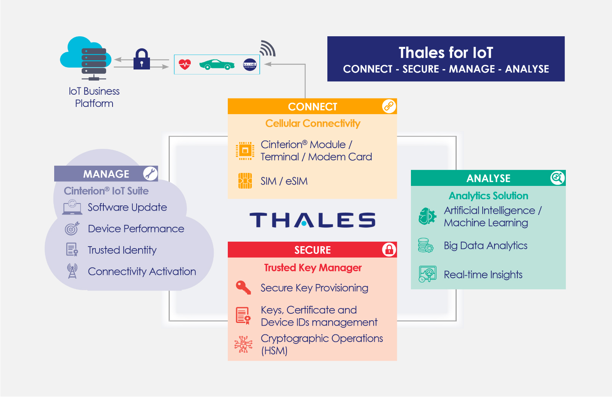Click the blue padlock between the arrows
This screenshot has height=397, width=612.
click(x=142, y=59)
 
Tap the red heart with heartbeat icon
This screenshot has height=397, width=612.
click(x=185, y=65)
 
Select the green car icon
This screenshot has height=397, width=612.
click(x=217, y=65)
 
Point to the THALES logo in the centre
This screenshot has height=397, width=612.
click(x=312, y=220)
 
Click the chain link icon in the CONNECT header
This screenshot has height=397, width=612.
click(x=389, y=106)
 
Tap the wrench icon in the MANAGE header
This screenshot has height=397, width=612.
click(x=150, y=174)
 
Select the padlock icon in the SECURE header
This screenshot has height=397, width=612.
click(x=389, y=249)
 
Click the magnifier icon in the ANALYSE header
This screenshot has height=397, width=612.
click(x=557, y=178)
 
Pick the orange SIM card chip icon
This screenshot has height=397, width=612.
click(x=245, y=181)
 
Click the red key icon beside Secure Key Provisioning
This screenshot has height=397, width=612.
click(x=243, y=287)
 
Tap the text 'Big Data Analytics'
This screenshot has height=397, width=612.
click(x=485, y=246)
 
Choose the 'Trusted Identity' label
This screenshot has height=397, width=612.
click(x=122, y=250)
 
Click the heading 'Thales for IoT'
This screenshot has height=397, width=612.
click(x=446, y=53)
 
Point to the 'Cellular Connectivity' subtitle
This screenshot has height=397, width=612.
click(x=313, y=124)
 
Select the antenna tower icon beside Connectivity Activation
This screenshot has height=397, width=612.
click(x=72, y=271)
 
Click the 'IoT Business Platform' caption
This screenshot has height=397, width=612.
click(x=94, y=97)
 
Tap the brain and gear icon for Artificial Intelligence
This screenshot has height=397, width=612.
click(x=427, y=216)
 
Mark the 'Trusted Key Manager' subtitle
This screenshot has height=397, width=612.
click(x=313, y=268)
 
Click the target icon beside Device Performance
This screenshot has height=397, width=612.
click(x=72, y=229)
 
